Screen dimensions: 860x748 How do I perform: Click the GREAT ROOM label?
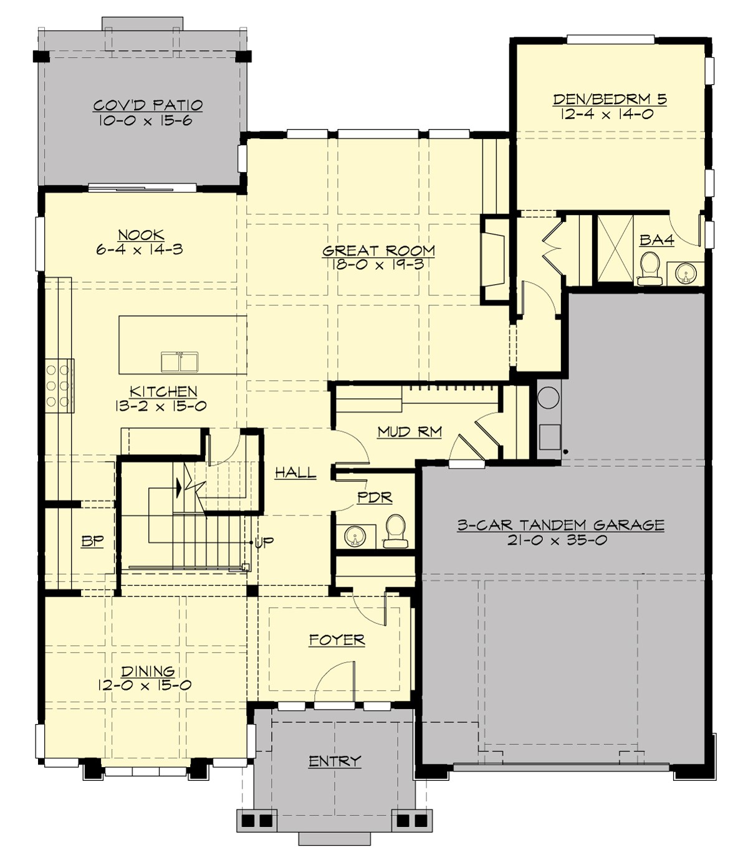(x=378, y=251)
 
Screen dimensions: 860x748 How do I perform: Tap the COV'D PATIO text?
(x=148, y=105)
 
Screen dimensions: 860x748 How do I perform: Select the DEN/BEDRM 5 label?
(x=610, y=99)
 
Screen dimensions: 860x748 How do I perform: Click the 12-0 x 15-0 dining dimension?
(x=145, y=685)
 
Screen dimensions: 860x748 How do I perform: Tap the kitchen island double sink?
(x=179, y=362)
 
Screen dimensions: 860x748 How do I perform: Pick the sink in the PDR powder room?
(x=355, y=536)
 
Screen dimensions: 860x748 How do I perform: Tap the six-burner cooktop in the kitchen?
(x=57, y=385)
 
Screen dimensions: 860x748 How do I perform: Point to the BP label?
(x=92, y=541)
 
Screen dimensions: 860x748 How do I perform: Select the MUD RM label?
(x=410, y=431)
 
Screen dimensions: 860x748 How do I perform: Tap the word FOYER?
(x=337, y=640)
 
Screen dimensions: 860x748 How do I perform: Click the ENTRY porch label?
(x=335, y=761)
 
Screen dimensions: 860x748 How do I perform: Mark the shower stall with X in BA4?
(x=615, y=249)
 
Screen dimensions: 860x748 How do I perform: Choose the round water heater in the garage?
(x=549, y=397)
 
